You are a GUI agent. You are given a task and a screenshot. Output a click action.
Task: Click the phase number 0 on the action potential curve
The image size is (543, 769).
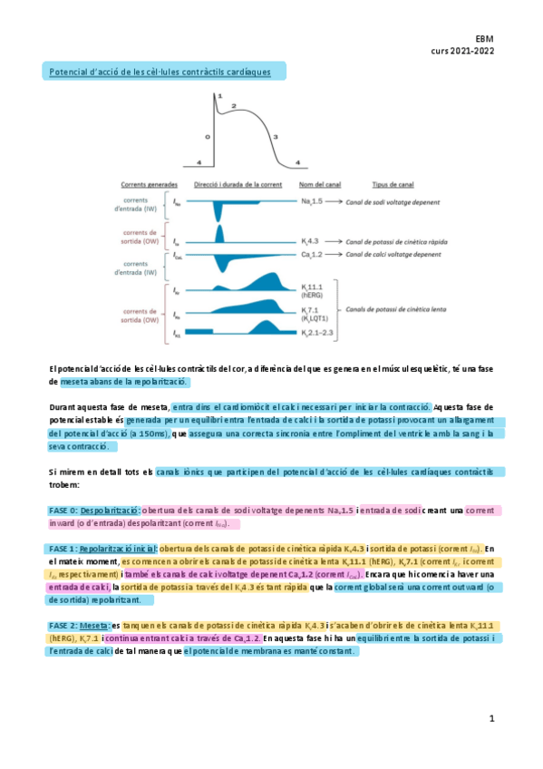tap(207, 136)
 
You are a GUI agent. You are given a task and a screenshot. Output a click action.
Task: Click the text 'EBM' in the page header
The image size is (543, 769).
tap(483, 40)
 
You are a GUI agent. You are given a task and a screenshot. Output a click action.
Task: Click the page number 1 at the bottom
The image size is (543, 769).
tap(491, 719)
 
